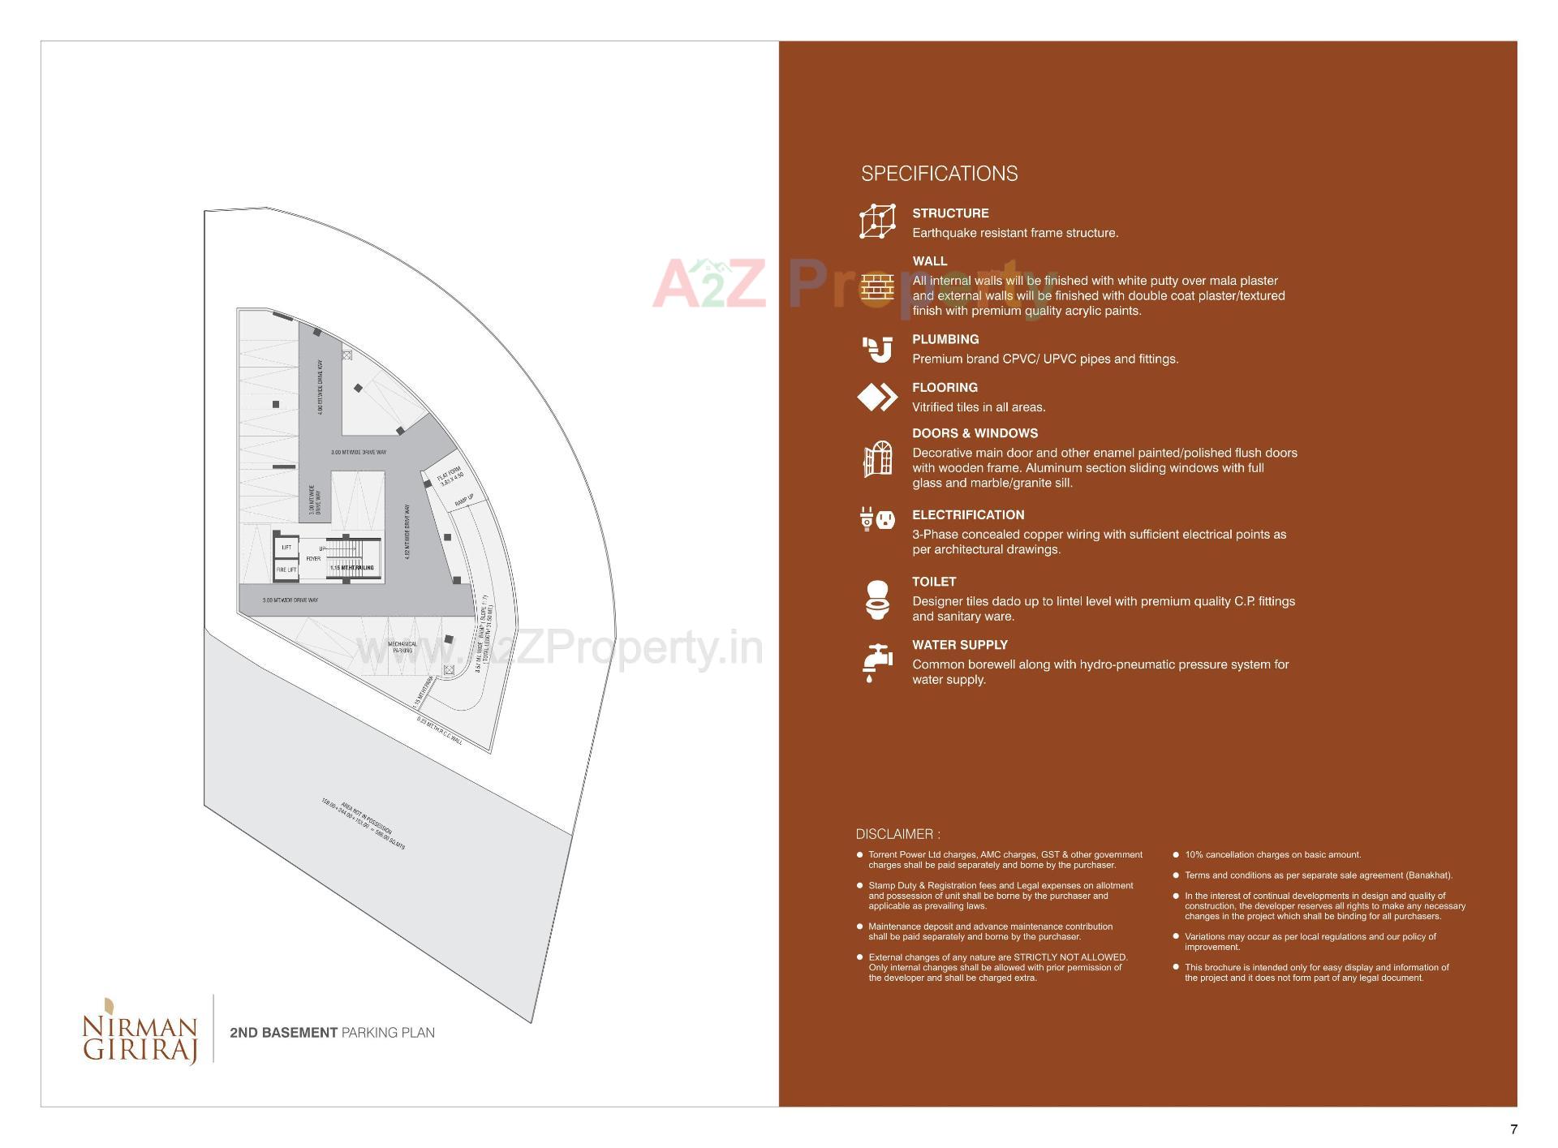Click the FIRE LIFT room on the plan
pyautogui.click(x=286, y=570)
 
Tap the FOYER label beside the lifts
pyautogui.click(x=313, y=558)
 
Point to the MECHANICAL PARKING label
pyautogui.click(x=402, y=647)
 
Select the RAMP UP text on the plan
pyautogui.click(x=464, y=501)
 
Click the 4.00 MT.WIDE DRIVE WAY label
pyautogui.click(x=321, y=387)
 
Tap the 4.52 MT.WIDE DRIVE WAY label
pyautogui.click(x=407, y=531)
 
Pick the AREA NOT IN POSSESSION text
pyautogui.click(x=364, y=824)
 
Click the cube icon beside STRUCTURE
pyautogui.click(x=877, y=221)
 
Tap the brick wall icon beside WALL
pyautogui.click(x=877, y=287)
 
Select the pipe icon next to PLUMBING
pyautogui.click(x=877, y=350)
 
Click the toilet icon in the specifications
pyautogui.click(x=877, y=600)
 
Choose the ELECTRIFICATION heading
pyautogui.click(x=968, y=515)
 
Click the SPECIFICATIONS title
pyautogui.click(x=939, y=174)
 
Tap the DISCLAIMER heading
pyautogui.click(x=897, y=834)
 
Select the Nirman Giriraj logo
pyautogui.click(x=140, y=1029)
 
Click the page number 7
pyautogui.click(x=1513, y=1129)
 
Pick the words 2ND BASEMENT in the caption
pyautogui.click(x=283, y=1033)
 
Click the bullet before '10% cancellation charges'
pyautogui.click(x=1176, y=854)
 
